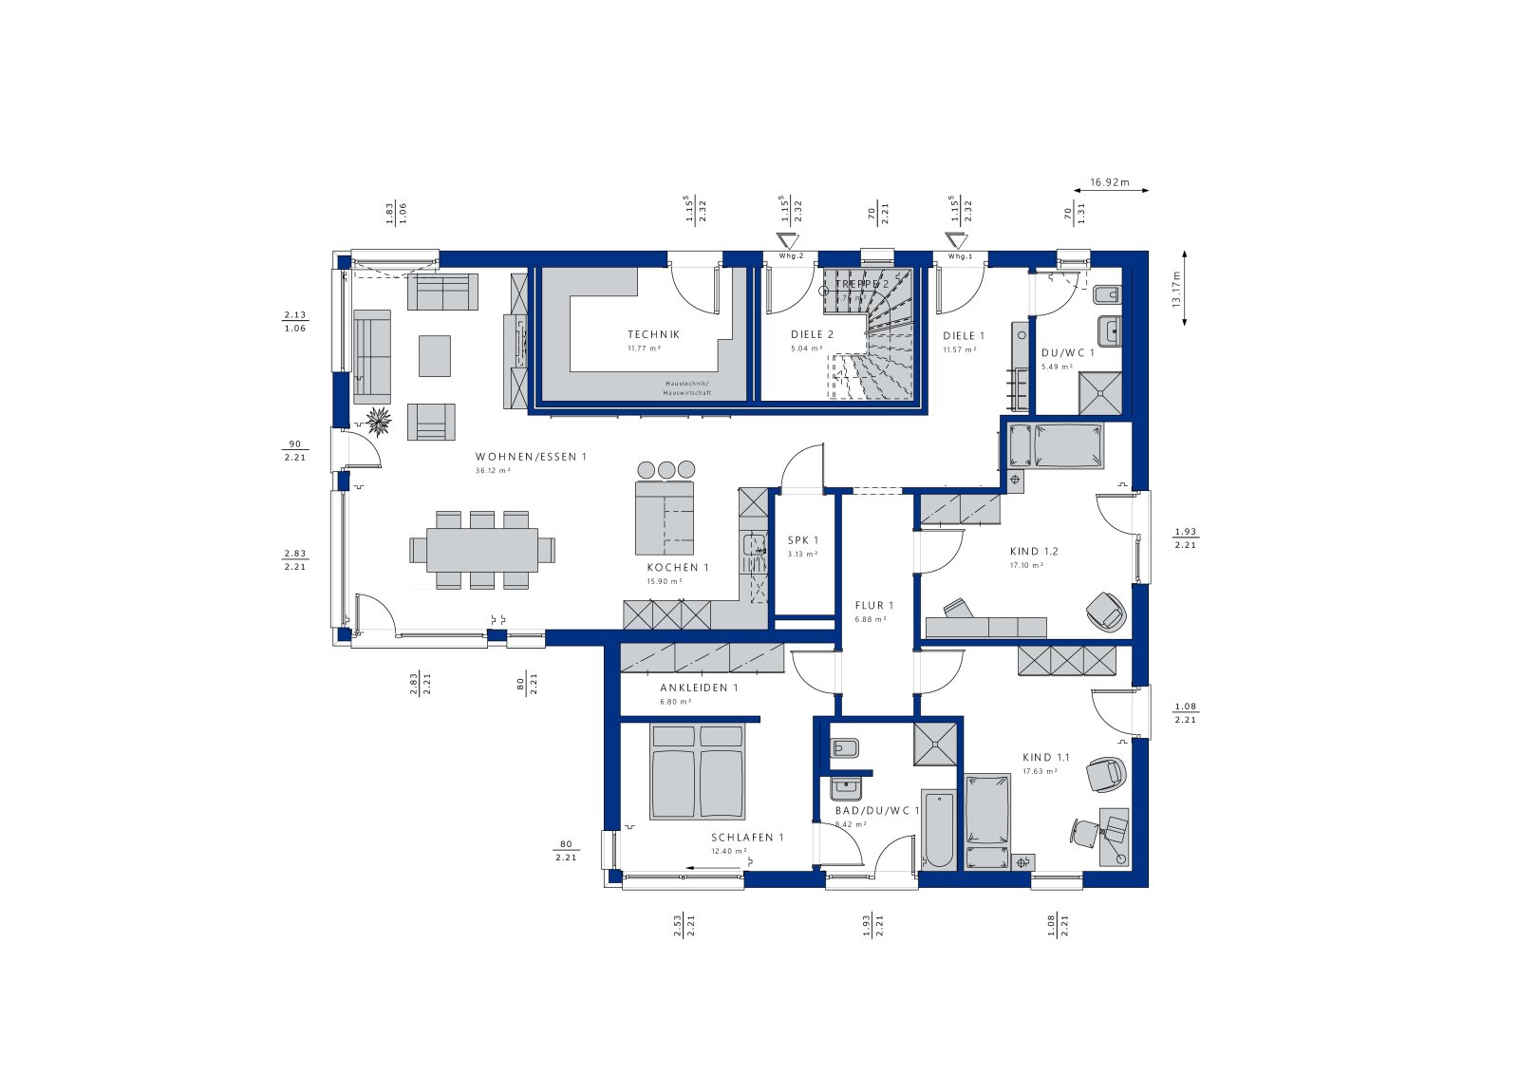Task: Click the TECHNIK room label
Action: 653,334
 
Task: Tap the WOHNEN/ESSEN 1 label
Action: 532,457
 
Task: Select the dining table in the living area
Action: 482,549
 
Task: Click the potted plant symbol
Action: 379,421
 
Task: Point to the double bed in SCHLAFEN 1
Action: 697,771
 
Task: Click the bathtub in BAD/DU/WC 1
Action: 938,828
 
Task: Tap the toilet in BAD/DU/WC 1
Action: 844,747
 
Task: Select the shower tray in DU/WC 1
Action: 1100,392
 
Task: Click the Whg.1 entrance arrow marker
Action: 958,240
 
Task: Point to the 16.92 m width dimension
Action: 1109,182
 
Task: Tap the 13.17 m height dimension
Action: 1176,290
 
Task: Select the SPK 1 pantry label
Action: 802,540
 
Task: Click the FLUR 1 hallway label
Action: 873,605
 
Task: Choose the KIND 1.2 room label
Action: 1034,551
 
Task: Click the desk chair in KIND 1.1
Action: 1084,832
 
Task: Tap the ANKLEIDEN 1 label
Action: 699,688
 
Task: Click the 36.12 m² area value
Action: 493,470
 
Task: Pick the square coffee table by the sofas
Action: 435,355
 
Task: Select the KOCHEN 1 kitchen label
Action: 678,567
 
